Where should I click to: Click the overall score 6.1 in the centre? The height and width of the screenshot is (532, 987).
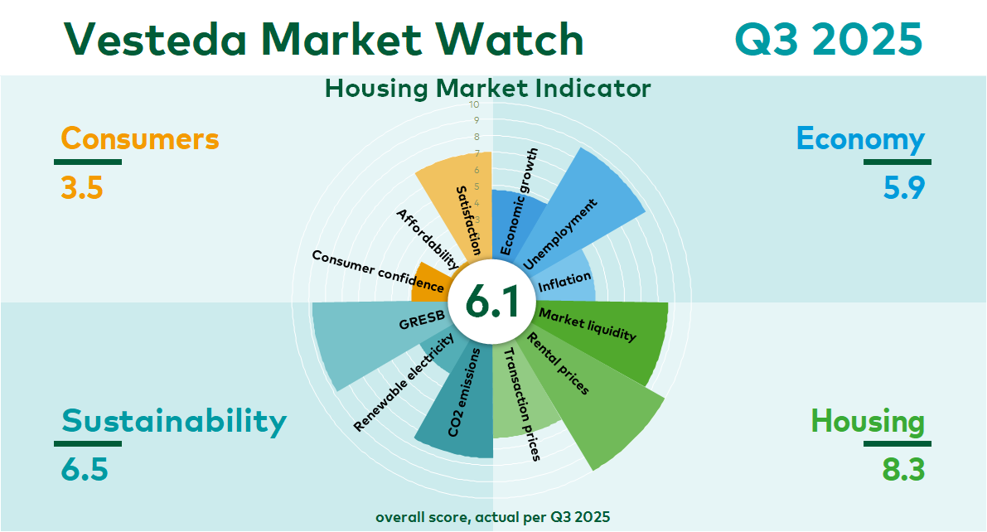click(x=492, y=302)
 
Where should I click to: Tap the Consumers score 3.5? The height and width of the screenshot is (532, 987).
click(x=82, y=187)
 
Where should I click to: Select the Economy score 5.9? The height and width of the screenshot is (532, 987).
click(x=904, y=187)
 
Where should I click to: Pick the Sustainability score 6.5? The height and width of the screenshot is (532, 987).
click(x=85, y=470)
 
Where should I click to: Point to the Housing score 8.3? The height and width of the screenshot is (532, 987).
click(x=903, y=470)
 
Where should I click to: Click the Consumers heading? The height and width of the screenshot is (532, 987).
click(x=140, y=138)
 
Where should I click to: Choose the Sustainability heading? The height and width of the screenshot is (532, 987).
click(x=174, y=422)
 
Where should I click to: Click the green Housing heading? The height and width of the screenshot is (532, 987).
click(x=868, y=422)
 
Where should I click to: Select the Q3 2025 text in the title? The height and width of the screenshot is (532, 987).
click(x=829, y=39)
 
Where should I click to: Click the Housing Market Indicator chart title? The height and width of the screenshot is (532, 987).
click(x=488, y=89)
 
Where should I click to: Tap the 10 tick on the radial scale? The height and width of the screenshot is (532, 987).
click(x=474, y=104)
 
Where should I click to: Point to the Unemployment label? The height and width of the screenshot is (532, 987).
click(x=559, y=235)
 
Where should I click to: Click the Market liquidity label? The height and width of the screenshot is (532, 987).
click(x=588, y=324)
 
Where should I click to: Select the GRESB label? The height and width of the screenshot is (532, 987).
click(x=422, y=320)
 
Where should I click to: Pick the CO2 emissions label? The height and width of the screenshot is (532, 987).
click(x=464, y=392)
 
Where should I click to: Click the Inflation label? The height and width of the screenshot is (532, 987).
click(x=564, y=282)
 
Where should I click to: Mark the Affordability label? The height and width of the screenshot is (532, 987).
click(x=428, y=239)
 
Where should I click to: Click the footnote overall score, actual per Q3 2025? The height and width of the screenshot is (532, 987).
click(x=493, y=518)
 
